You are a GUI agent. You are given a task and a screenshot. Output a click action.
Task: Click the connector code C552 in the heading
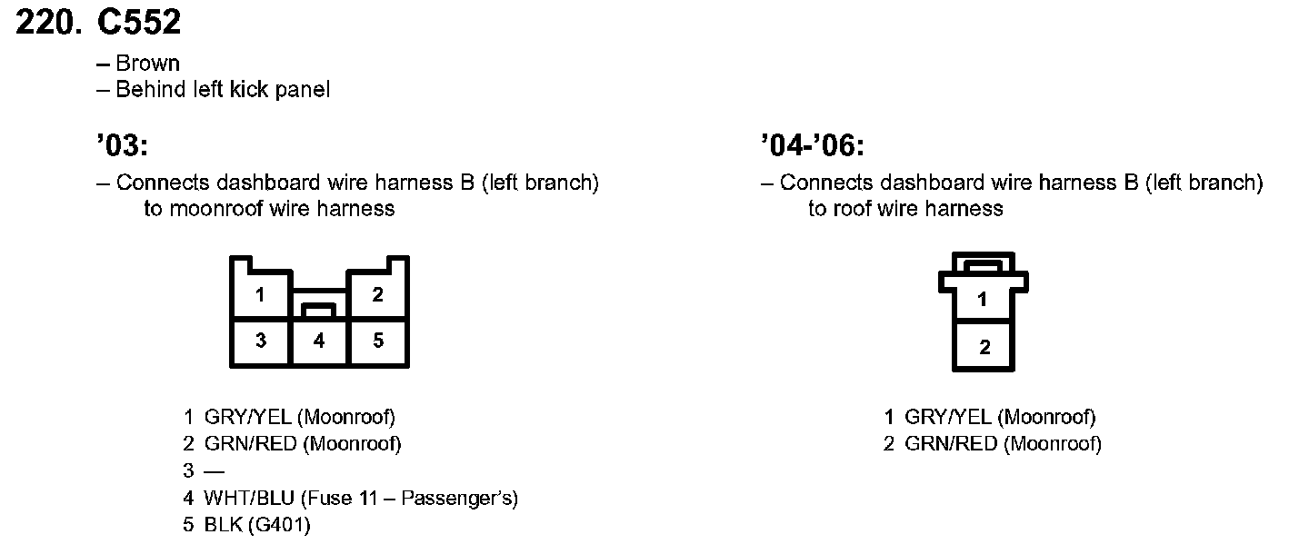(x=139, y=23)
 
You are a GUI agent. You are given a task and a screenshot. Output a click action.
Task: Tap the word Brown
(x=147, y=64)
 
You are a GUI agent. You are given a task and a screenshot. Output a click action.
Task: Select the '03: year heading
(x=121, y=145)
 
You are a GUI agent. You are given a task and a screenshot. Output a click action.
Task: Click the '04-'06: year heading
(x=812, y=145)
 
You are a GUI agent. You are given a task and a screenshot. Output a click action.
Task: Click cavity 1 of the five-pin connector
(x=261, y=295)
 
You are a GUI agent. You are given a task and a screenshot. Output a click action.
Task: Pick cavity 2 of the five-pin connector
(x=377, y=294)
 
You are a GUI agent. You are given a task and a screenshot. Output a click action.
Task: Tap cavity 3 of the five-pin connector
(x=261, y=341)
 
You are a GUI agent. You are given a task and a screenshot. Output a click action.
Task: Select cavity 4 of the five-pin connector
(x=319, y=341)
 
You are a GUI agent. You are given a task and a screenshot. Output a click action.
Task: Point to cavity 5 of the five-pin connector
(x=378, y=341)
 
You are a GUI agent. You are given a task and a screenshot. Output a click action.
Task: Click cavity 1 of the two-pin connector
(x=983, y=299)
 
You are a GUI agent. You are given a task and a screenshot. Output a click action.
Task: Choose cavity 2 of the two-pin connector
(x=984, y=346)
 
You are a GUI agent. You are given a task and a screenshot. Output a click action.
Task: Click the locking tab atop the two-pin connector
(x=983, y=266)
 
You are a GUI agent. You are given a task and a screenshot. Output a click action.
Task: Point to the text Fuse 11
(x=345, y=498)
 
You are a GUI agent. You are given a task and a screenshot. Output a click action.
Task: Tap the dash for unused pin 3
(x=215, y=471)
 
